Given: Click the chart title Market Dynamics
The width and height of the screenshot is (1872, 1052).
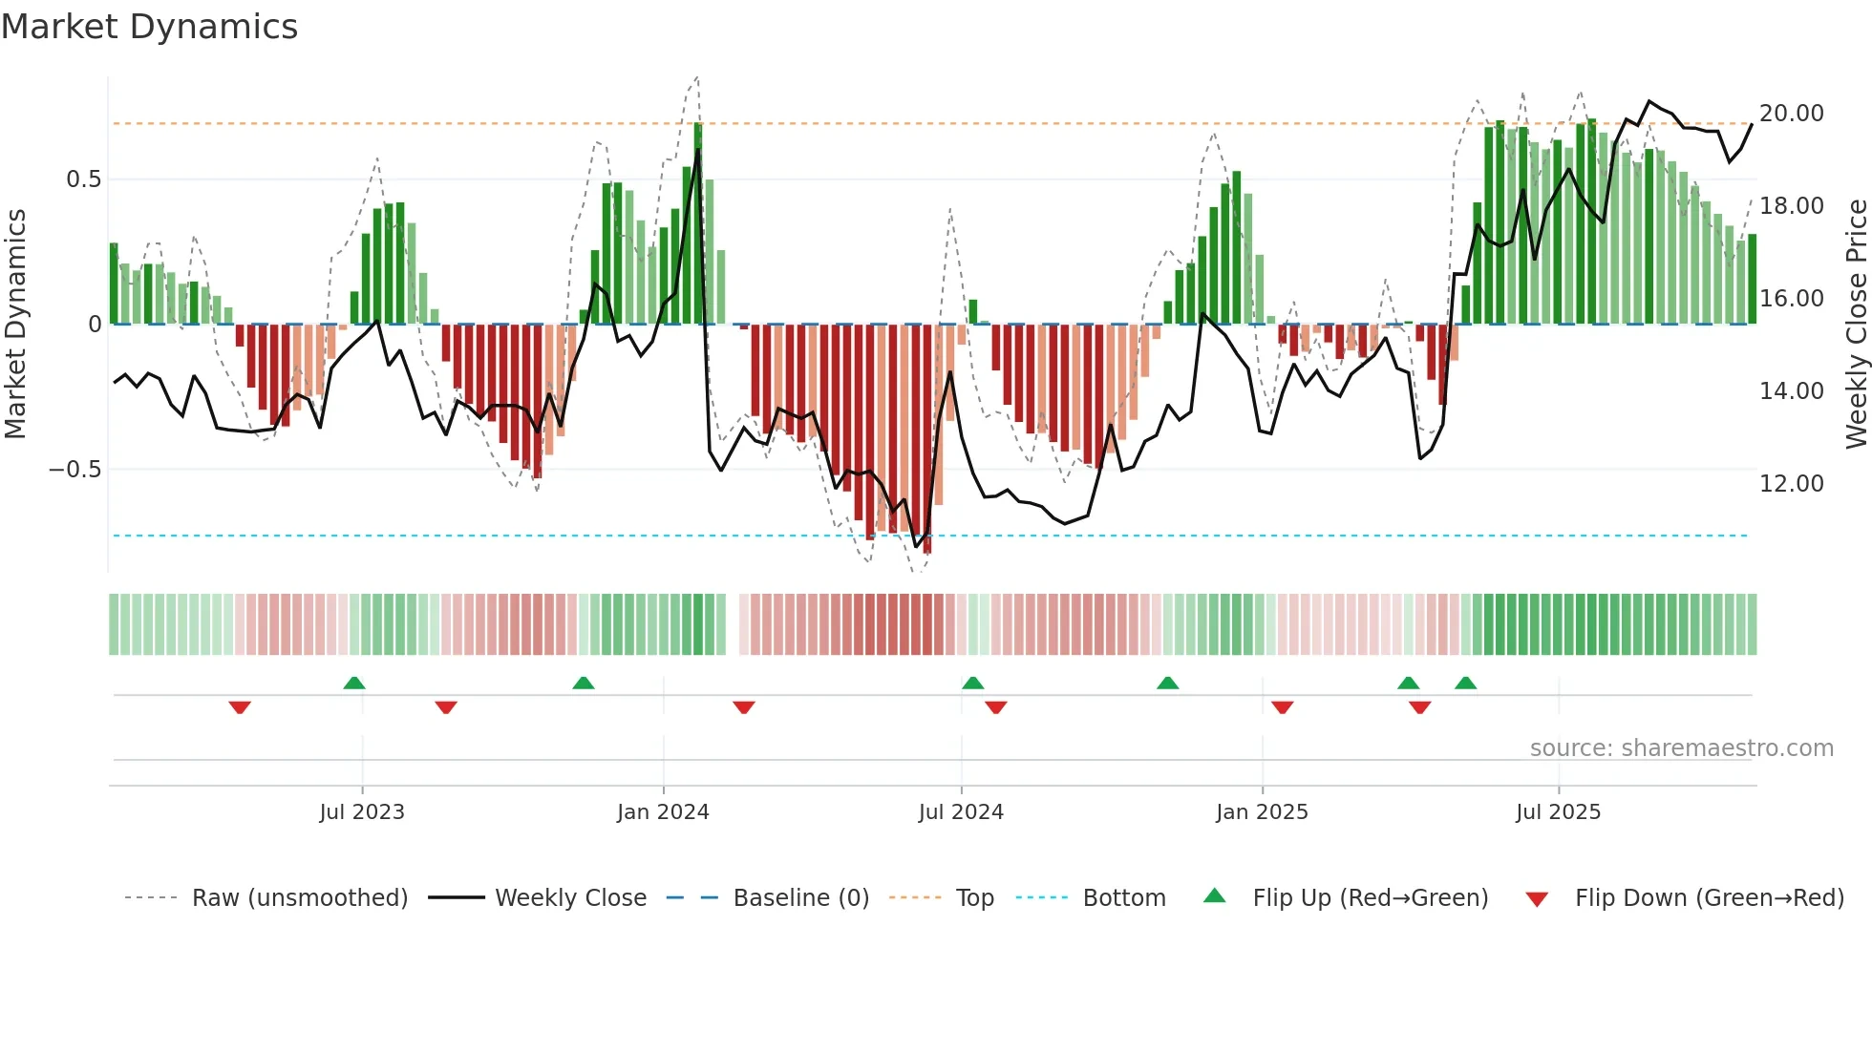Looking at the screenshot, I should [149, 27].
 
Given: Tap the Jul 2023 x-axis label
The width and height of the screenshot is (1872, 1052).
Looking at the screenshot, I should [362, 812].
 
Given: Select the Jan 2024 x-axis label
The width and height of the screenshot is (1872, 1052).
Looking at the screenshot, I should [663, 812].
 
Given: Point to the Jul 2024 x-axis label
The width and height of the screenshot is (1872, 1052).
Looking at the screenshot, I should [961, 812].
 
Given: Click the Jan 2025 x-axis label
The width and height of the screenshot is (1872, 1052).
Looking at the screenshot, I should [1262, 812].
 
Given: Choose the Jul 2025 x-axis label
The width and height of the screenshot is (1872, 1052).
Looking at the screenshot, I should [1558, 812].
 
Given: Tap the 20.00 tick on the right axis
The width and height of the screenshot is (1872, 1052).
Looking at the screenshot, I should [1791, 114].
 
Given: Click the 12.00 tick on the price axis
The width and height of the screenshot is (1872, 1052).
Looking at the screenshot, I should [1791, 484].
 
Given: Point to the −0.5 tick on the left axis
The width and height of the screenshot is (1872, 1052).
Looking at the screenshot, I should [74, 470].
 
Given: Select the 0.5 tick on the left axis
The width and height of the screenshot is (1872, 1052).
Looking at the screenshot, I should [83, 179].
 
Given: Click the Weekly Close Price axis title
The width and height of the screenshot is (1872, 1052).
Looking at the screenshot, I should [1856, 325].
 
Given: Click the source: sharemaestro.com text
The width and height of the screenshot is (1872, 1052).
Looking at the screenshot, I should [1681, 748].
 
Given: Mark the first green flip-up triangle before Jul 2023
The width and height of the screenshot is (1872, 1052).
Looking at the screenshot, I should [354, 683].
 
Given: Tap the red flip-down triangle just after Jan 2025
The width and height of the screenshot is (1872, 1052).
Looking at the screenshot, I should [1283, 707].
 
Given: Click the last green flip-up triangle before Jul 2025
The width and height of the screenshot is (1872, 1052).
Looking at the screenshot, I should [1466, 683].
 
